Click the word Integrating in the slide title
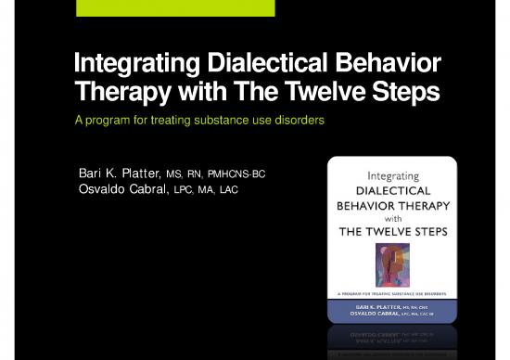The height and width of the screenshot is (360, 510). pyautogui.click(x=128, y=67)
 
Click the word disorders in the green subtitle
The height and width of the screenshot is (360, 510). pyautogui.click(x=294, y=122)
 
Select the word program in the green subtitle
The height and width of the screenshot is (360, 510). pyautogui.click(x=105, y=122)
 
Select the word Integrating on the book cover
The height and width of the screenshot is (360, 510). pyautogui.click(x=391, y=174)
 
